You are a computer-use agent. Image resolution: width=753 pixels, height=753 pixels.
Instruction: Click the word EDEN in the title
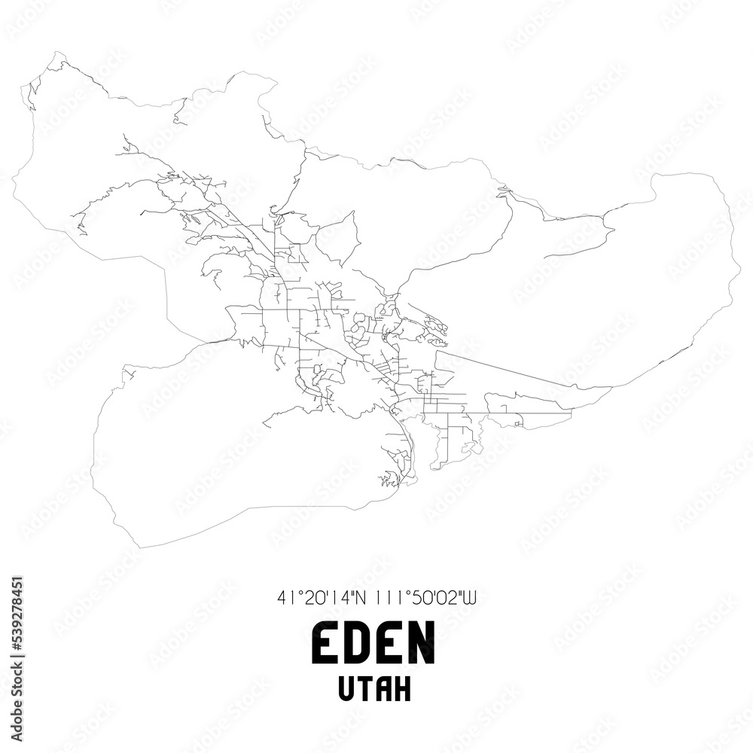click(373, 645)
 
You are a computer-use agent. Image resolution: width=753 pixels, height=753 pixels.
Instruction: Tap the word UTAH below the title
click(373, 690)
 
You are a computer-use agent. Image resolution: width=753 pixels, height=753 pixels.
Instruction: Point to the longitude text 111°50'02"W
click(423, 599)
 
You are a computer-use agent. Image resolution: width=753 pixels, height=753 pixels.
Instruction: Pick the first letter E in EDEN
click(325, 645)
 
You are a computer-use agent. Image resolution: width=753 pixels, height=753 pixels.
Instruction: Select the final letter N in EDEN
click(422, 645)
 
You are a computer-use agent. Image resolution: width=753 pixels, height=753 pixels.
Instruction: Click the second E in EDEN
click(389, 645)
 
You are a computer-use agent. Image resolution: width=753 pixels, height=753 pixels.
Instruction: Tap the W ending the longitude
click(471, 599)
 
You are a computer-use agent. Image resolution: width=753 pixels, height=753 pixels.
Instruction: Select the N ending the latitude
click(359, 599)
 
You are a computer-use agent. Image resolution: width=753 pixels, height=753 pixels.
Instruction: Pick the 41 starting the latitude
click(283, 599)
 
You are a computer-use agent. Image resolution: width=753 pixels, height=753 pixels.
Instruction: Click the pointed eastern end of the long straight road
click(610, 389)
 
